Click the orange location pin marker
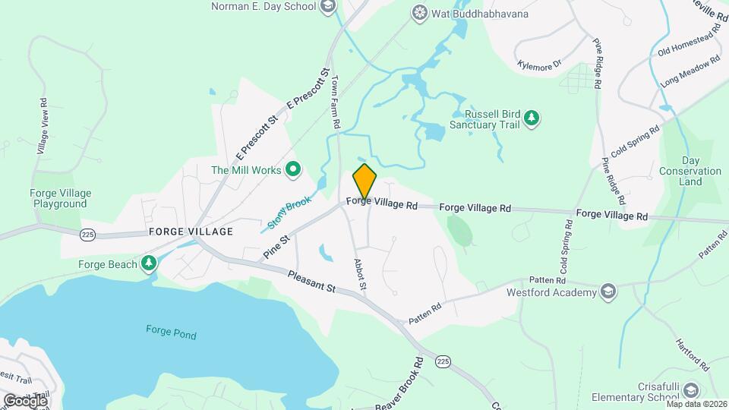364,182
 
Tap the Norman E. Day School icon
328,7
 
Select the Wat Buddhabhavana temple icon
419,12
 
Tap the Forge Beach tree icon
150,263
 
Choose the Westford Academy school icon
607,291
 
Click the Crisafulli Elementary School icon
691,389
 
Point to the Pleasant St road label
311,280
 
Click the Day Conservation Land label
690,171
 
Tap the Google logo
25,400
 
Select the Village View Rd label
43,126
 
